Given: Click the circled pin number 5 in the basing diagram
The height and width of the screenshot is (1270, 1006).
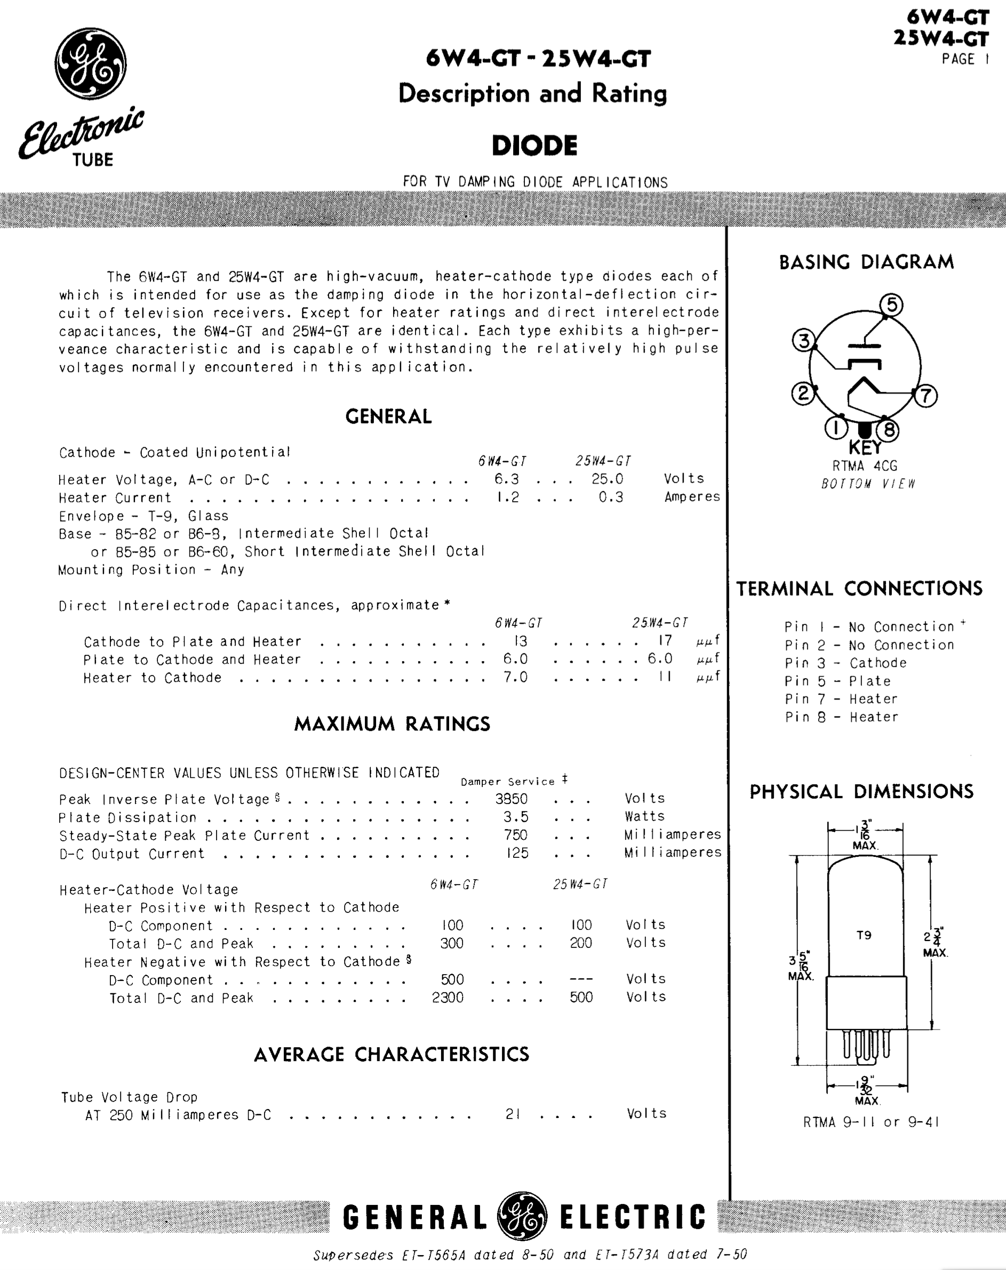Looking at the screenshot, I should (x=891, y=305).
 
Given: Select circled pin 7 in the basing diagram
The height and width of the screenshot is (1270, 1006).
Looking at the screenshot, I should (x=925, y=395).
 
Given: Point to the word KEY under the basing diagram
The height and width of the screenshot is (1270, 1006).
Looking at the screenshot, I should (x=865, y=448).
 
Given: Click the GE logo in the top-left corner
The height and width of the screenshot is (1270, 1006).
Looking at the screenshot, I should (x=90, y=63).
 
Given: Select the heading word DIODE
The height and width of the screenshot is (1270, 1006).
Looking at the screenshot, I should (x=534, y=146).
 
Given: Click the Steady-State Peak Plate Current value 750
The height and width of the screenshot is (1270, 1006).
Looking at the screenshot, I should (x=515, y=835).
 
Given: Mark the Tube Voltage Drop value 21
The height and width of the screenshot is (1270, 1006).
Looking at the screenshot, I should (x=513, y=1114).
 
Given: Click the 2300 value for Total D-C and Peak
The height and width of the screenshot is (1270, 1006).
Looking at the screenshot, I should (x=448, y=998).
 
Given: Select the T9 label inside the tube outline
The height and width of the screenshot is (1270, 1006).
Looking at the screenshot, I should (x=864, y=936).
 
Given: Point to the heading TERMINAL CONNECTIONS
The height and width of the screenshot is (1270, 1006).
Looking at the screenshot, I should (x=859, y=588).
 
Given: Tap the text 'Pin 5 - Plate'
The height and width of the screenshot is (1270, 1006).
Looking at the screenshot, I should (x=837, y=681).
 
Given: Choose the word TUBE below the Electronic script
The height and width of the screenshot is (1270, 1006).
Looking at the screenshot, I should (x=92, y=159).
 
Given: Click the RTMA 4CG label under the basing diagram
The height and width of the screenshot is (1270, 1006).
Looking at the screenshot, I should (x=865, y=466).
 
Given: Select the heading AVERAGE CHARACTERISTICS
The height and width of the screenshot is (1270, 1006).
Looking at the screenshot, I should (x=391, y=1054).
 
